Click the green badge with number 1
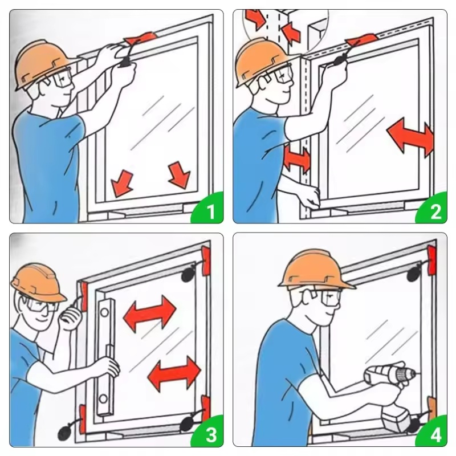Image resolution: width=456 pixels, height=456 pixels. (209, 209)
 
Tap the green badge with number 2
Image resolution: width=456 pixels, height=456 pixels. (433, 209)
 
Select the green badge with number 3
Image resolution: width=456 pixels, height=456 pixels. (209, 433)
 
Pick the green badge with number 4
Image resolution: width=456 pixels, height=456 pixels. (433, 433)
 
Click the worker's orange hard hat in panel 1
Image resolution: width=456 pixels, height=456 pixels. (44, 63)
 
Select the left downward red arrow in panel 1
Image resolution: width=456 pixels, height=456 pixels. (122, 183)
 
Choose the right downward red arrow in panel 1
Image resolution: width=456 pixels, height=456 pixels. (180, 175)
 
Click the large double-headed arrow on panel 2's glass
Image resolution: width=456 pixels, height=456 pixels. (410, 137)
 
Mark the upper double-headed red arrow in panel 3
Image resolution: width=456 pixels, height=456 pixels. (150, 313)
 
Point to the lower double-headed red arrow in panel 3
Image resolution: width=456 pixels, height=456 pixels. (174, 374)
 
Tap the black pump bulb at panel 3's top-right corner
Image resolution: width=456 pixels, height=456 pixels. (188, 274)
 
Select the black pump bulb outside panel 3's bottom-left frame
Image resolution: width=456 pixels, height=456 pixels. (64, 433)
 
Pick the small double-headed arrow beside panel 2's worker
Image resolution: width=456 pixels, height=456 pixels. (297, 160)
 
